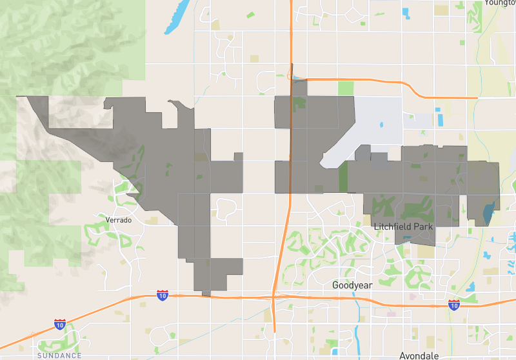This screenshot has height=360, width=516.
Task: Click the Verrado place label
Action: click(x=118, y=220)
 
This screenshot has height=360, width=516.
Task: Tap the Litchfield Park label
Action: click(x=404, y=227)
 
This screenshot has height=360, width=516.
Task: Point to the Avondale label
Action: click(x=420, y=355)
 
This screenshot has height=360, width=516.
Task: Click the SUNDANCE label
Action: click(x=59, y=355)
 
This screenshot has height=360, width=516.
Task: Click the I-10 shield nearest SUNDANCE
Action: click(x=60, y=324)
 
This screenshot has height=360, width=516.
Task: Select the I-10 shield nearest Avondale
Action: click(x=454, y=305)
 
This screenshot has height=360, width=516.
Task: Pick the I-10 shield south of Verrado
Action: click(x=163, y=295)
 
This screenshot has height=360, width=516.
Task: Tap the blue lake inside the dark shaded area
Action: click(x=488, y=212)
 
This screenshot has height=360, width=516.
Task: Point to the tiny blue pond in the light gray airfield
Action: click(x=382, y=125)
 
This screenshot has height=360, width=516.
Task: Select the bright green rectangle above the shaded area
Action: click(x=346, y=88)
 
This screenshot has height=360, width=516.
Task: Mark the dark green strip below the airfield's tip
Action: click(x=343, y=176)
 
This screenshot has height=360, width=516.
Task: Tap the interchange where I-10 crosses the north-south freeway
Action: click(x=274, y=298)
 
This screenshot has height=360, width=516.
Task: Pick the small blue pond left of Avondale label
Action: click(x=335, y=352)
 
